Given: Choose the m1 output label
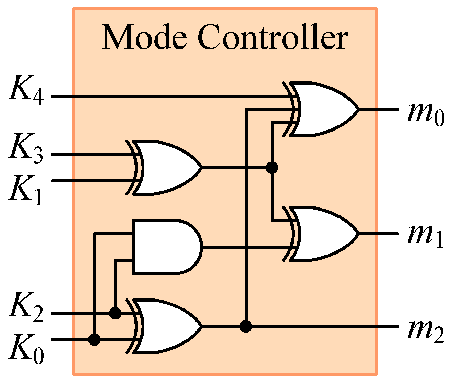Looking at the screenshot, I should tap(425, 237).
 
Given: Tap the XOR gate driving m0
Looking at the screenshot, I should tap(322, 110).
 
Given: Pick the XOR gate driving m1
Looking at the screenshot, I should tap(322, 234).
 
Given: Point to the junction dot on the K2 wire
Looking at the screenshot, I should tap(115, 313).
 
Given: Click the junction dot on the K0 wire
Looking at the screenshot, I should tap(94, 340).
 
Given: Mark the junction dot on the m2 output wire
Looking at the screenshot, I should tap(246, 326).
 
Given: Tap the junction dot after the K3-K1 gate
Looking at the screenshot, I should tap(272, 168).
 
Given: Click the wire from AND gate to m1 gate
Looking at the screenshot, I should tap(226, 247).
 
